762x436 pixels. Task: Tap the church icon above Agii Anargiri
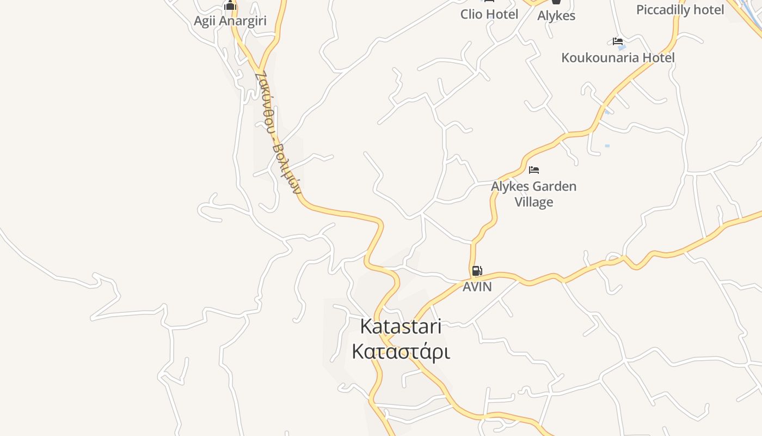(x=230, y=5)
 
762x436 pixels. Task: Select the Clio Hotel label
(x=489, y=14)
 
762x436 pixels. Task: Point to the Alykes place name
(x=556, y=16)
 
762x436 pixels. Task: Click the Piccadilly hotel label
(x=680, y=10)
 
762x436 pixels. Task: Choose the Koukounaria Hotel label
(x=618, y=58)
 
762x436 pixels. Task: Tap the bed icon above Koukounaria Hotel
(x=618, y=41)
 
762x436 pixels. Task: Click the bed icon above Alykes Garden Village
(x=534, y=170)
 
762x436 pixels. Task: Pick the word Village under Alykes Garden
(x=534, y=202)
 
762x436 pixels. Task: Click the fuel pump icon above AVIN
(x=477, y=270)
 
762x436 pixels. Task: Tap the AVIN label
(x=477, y=287)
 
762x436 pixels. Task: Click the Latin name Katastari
(x=401, y=326)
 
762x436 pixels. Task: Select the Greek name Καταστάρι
(x=401, y=352)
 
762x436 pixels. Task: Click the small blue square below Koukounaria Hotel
(x=607, y=146)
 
